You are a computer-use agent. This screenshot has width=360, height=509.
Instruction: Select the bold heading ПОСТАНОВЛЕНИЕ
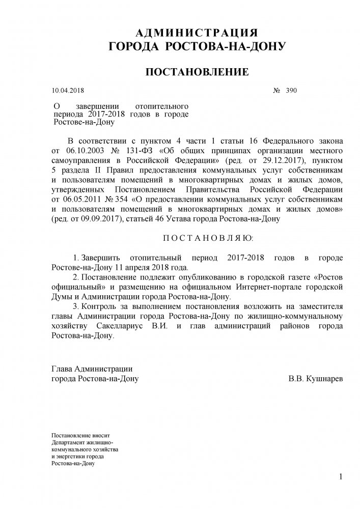[197, 72]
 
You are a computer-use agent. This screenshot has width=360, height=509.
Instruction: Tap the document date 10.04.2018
[68, 91]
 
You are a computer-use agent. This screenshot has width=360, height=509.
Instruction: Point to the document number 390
[291, 91]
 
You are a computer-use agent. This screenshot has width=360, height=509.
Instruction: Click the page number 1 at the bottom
[340, 477]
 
